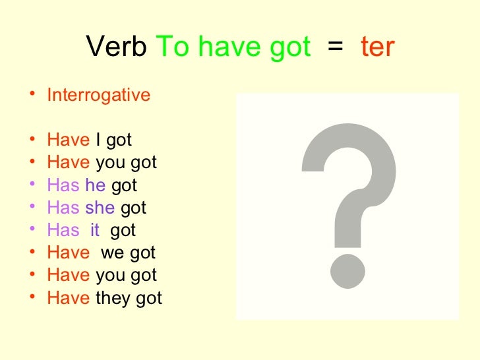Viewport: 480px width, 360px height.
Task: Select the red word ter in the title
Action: click(378, 47)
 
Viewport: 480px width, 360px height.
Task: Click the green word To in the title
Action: click(173, 47)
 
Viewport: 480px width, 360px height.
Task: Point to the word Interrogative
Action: click(99, 96)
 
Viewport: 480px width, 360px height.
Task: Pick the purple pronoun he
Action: click(96, 186)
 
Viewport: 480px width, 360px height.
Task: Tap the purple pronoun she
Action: click(100, 208)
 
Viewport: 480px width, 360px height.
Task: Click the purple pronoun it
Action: click(95, 231)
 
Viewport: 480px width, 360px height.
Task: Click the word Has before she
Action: click(63, 208)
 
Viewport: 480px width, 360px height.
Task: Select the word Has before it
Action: click(63, 231)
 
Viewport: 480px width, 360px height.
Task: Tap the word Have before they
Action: click(68, 298)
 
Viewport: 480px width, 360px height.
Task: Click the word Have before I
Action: click(68, 140)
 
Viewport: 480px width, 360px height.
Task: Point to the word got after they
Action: click(149, 299)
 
